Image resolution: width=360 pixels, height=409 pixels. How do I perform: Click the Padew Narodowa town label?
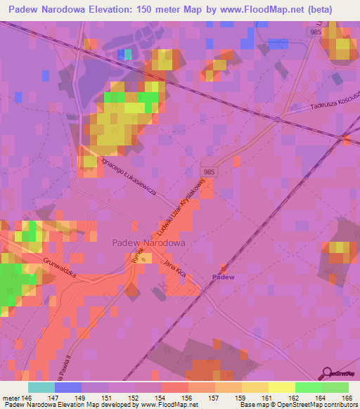click(x=148, y=242)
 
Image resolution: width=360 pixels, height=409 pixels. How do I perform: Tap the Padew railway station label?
click(x=224, y=277)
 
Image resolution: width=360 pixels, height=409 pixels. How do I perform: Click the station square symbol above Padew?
click(x=224, y=268)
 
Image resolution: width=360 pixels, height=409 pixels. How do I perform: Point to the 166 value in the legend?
click(x=349, y=397)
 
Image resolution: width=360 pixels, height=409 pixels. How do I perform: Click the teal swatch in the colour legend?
click(x=41, y=387)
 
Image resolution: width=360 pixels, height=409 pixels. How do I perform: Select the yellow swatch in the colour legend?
click(x=281, y=387)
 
